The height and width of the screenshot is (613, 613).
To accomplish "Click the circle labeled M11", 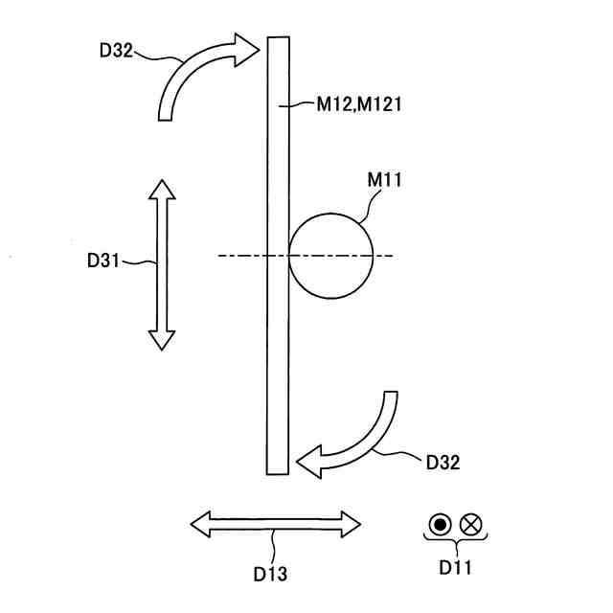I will pyautogui.click(x=330, y=256).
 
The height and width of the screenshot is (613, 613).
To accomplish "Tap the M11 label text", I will pyautogui.click(x=383, y=179).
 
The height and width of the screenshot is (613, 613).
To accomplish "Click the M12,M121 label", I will pyautogui.click(x=357, y=104).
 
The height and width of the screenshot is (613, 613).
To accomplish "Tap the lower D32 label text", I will pyautogui.click(x=443, y=464).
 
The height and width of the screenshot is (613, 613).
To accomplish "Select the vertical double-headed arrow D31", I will pyautogui.click(x=162, y=263).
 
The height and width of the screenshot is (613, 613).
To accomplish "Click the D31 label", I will pyautogui.click(x=104, y=259).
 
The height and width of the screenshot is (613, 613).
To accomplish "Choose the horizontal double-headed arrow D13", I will pyautogui.click(x=276, y=524).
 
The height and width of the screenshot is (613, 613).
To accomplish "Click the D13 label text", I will pyautogui.click(x=270, y=575).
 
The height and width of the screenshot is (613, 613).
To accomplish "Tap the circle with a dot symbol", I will pyautogui.click(x=440, y=524).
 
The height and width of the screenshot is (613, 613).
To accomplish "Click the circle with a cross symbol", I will pyautogui.click(x=469, y=524).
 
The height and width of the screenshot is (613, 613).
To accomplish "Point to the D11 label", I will pyautogui.click(x=455, y=567).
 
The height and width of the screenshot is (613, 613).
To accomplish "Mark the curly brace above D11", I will pyautogui.click(x=455, y=542).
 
